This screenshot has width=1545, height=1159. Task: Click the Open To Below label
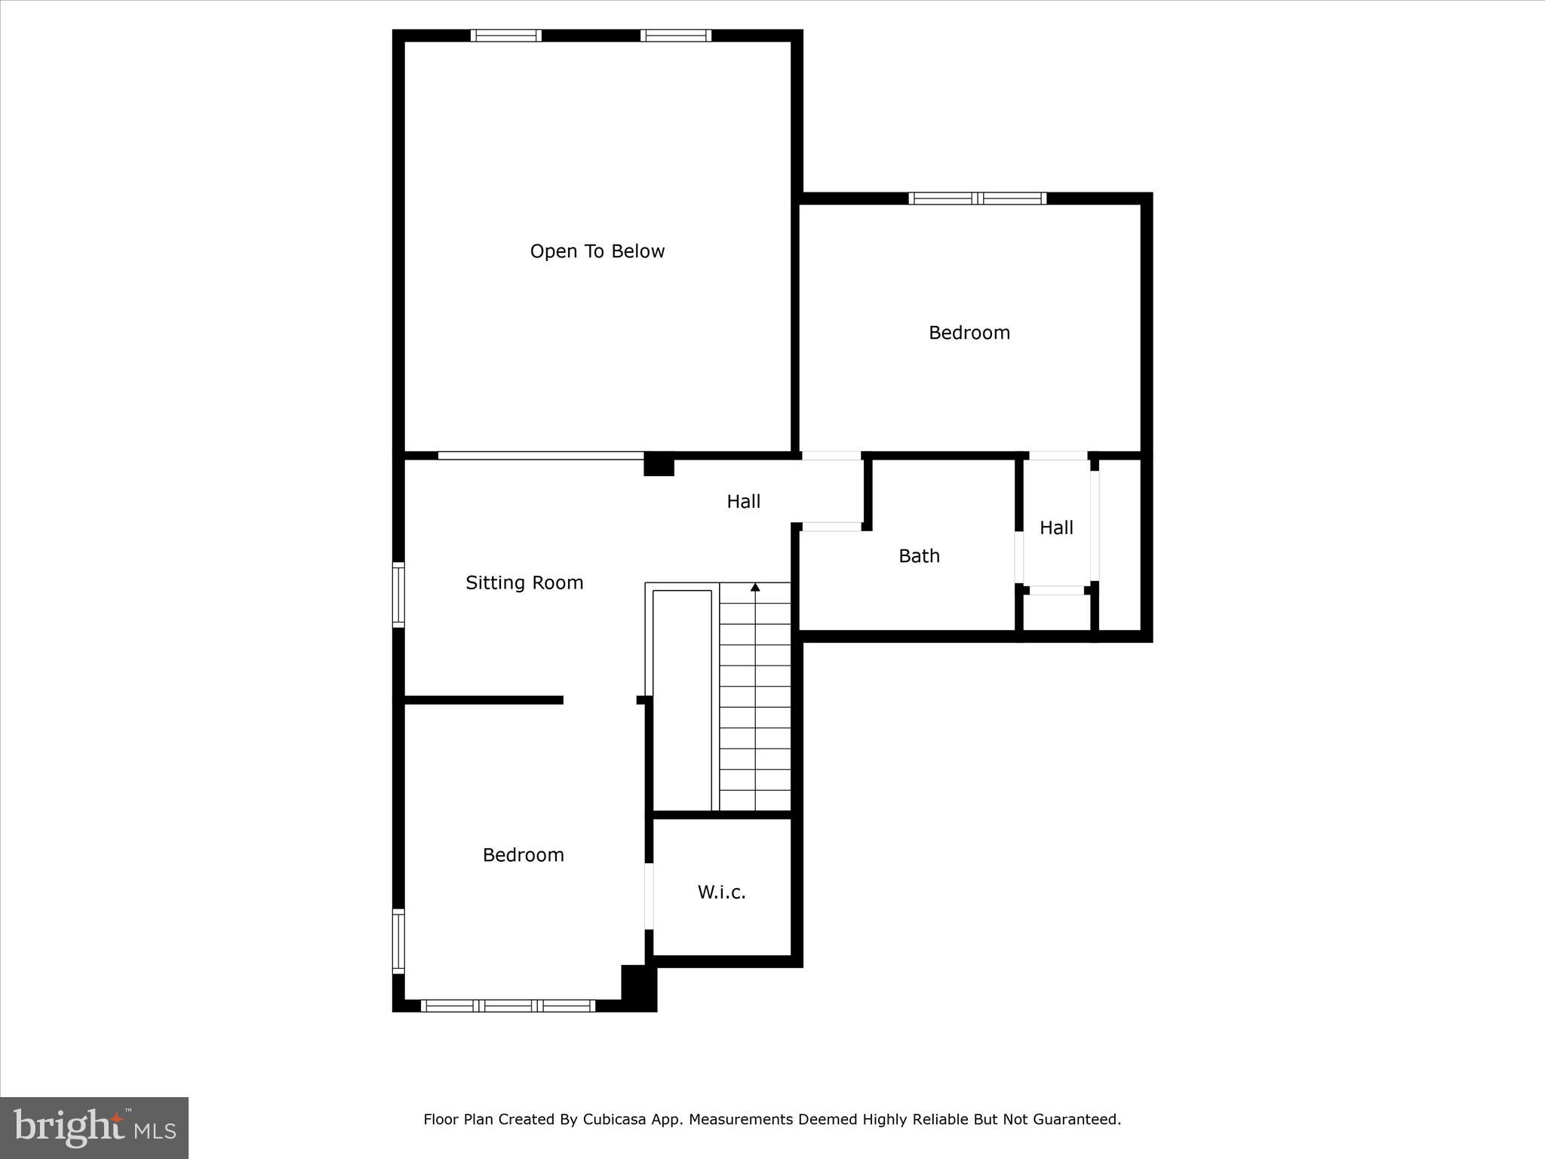597,251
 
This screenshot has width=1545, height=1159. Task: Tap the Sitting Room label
524,583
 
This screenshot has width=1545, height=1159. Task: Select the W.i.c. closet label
721,892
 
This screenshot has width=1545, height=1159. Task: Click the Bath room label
919,556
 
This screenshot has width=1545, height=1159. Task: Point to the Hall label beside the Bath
1056,528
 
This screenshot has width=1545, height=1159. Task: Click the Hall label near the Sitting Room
743,502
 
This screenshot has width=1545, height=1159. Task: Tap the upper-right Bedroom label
969,333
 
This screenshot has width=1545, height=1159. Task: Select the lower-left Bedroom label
523,855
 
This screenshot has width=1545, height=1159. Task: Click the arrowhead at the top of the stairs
755,587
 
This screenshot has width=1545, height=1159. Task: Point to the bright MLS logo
94,1127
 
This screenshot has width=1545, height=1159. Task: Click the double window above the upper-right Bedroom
977,198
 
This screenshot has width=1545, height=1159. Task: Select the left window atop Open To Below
506,35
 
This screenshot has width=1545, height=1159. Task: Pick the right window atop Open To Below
676,35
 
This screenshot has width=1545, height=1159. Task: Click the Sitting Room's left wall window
398,595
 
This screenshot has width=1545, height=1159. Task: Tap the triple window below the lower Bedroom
508,1005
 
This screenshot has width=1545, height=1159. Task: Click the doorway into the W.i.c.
649,896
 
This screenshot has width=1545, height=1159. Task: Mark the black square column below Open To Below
659,464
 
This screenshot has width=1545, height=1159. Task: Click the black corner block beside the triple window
638,988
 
